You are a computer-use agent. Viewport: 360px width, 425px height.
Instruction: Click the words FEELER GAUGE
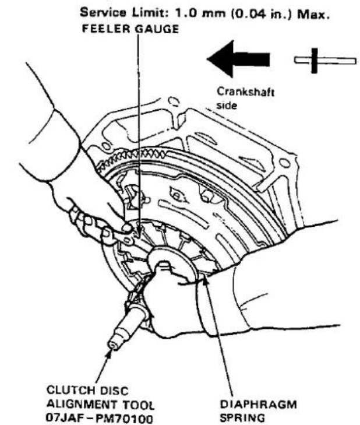pyautogui.click(x=130, y=29)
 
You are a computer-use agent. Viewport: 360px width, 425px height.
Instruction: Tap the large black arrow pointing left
pyautogui.click(x=238, y=59)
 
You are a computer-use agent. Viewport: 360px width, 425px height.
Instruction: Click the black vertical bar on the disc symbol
pyautogui.click(x=314, y=61)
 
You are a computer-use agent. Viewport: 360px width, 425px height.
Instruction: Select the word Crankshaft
pyautogui.click(x=246, y=92)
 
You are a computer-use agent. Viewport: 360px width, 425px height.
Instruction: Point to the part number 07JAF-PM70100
pyautogui.click(x=100, y=418)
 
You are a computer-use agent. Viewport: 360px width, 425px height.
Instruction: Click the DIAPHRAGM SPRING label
pyautogui.click(x=258, y=411)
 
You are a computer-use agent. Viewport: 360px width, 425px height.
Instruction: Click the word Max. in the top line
pyautogui.click(x=313, y=14)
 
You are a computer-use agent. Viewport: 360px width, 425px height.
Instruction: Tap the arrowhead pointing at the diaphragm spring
pyautogui.click(x=206, y=281)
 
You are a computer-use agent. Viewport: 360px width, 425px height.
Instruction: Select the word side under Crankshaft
pyautogui.click(x=227, y=105)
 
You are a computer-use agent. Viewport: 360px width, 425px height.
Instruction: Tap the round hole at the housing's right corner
pyautogui.click(x=284, y=163)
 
